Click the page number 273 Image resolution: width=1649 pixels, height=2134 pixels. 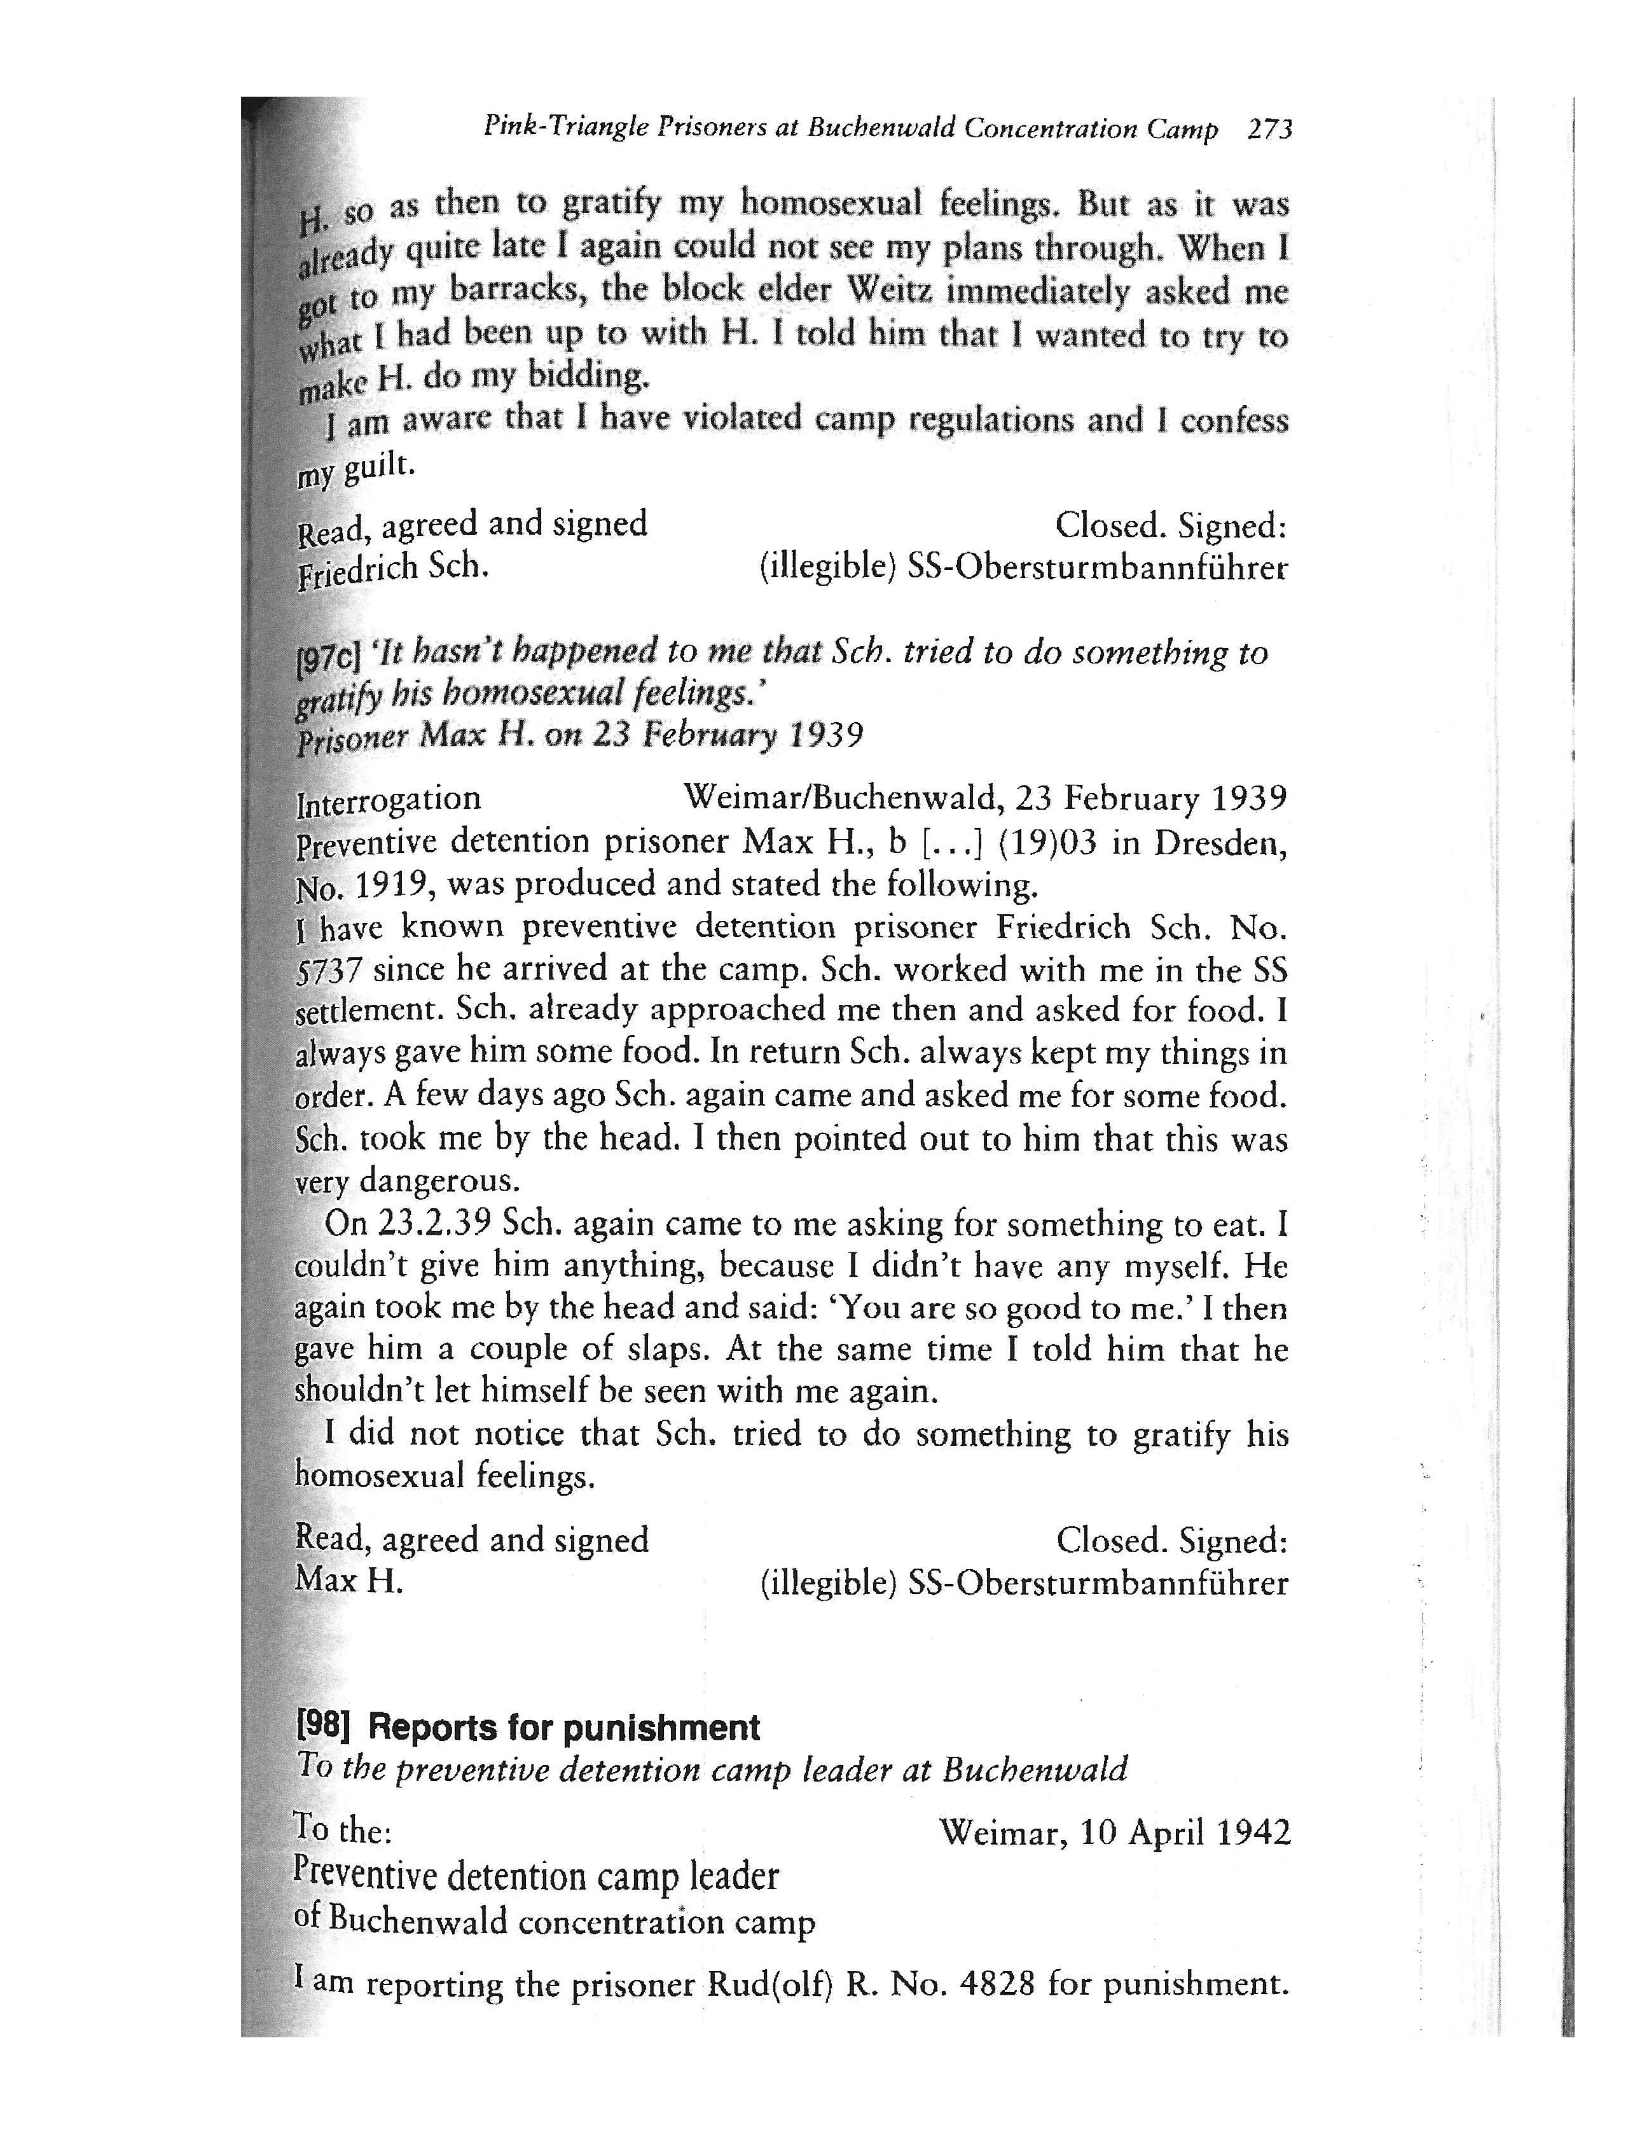1270,130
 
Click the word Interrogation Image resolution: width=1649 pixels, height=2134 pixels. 388,800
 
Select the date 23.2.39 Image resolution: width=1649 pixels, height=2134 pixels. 436,1223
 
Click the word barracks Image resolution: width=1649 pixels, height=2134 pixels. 517,291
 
